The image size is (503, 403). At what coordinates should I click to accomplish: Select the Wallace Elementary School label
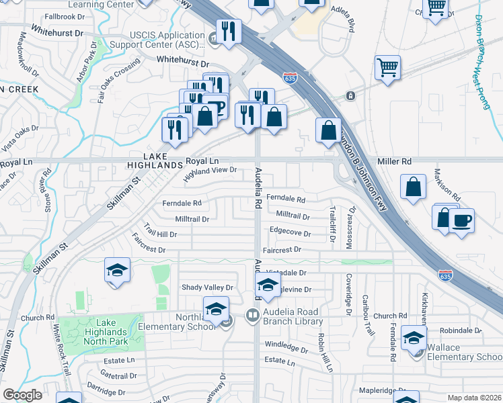pyautogui.click(x=461, y=352)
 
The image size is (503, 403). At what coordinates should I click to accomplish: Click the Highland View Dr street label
pyautogui.click(x=210, y=175)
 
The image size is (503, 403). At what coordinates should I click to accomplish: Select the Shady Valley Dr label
pyautogui.click(x=207, y=287)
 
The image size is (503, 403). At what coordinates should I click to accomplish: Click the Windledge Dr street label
pyautogui.click(x=286, y=347)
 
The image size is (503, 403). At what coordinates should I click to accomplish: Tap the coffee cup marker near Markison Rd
pyautogui.click(x=461, y=220)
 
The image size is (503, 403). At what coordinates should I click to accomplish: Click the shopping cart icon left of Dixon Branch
pyautogui.click(x=388, y=67)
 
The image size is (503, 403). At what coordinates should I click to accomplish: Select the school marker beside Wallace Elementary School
pyautogui.click(x=413, y=337)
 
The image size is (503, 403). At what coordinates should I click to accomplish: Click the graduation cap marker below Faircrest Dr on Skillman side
pyautogui.click(x=117, y=271)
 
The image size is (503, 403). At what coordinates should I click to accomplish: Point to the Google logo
pyautogui.click(x=22, y=395)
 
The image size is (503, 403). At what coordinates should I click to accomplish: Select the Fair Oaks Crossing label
pyautogui.click(x=118, y=79)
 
